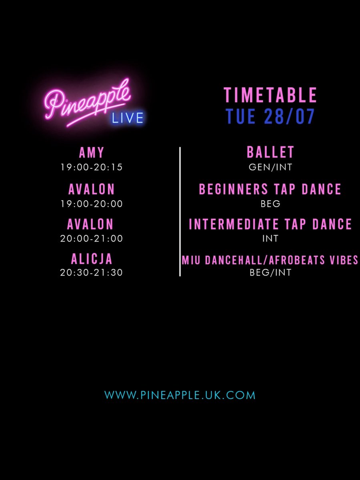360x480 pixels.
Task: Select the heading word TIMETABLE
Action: (270, 96)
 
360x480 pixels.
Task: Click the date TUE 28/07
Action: (270, 116)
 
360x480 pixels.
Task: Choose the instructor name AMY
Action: (92, 152)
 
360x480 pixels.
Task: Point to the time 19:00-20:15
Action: (92, 167)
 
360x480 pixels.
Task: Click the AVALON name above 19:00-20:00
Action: (92, 189)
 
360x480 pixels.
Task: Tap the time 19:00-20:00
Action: (92, 204)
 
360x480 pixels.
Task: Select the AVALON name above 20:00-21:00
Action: (92, 224)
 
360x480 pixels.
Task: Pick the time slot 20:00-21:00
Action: (92, 239)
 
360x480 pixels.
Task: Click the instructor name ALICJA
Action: (92, 259)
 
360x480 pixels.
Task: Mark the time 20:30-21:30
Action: (92, 273)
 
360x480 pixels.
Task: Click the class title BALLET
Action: (270, 152)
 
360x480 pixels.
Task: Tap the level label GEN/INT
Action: (270, 167)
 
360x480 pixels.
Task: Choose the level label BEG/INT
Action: (270, 273)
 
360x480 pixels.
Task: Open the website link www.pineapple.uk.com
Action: (180, 395)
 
